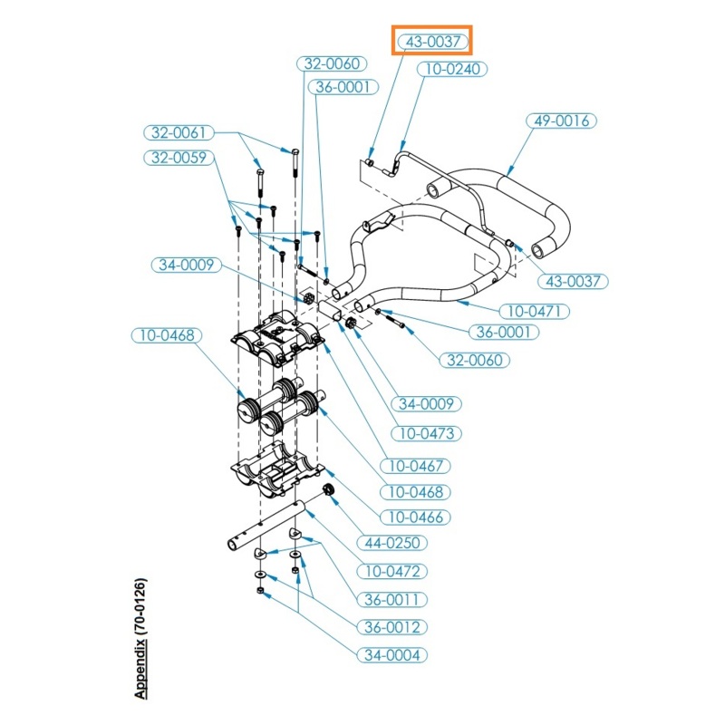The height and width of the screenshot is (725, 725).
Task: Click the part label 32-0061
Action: [x=179, y=132]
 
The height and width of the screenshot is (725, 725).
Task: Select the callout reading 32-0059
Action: [x=179, y=158]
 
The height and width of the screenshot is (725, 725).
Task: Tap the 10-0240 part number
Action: [x=452, y=70]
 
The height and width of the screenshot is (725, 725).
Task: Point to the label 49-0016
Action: [x=561, y=121]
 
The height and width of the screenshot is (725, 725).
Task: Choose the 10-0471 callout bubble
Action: [x=535, y=311]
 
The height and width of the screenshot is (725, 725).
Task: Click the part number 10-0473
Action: [x=426, y=434]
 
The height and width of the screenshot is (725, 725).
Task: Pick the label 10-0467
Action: [x=415, y=466]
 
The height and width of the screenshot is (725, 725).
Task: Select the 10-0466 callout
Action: [x=415, y=517]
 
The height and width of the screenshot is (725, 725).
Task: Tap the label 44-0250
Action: [x=392, y=543]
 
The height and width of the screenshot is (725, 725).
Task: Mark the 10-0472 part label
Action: [x=392, y=572]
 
